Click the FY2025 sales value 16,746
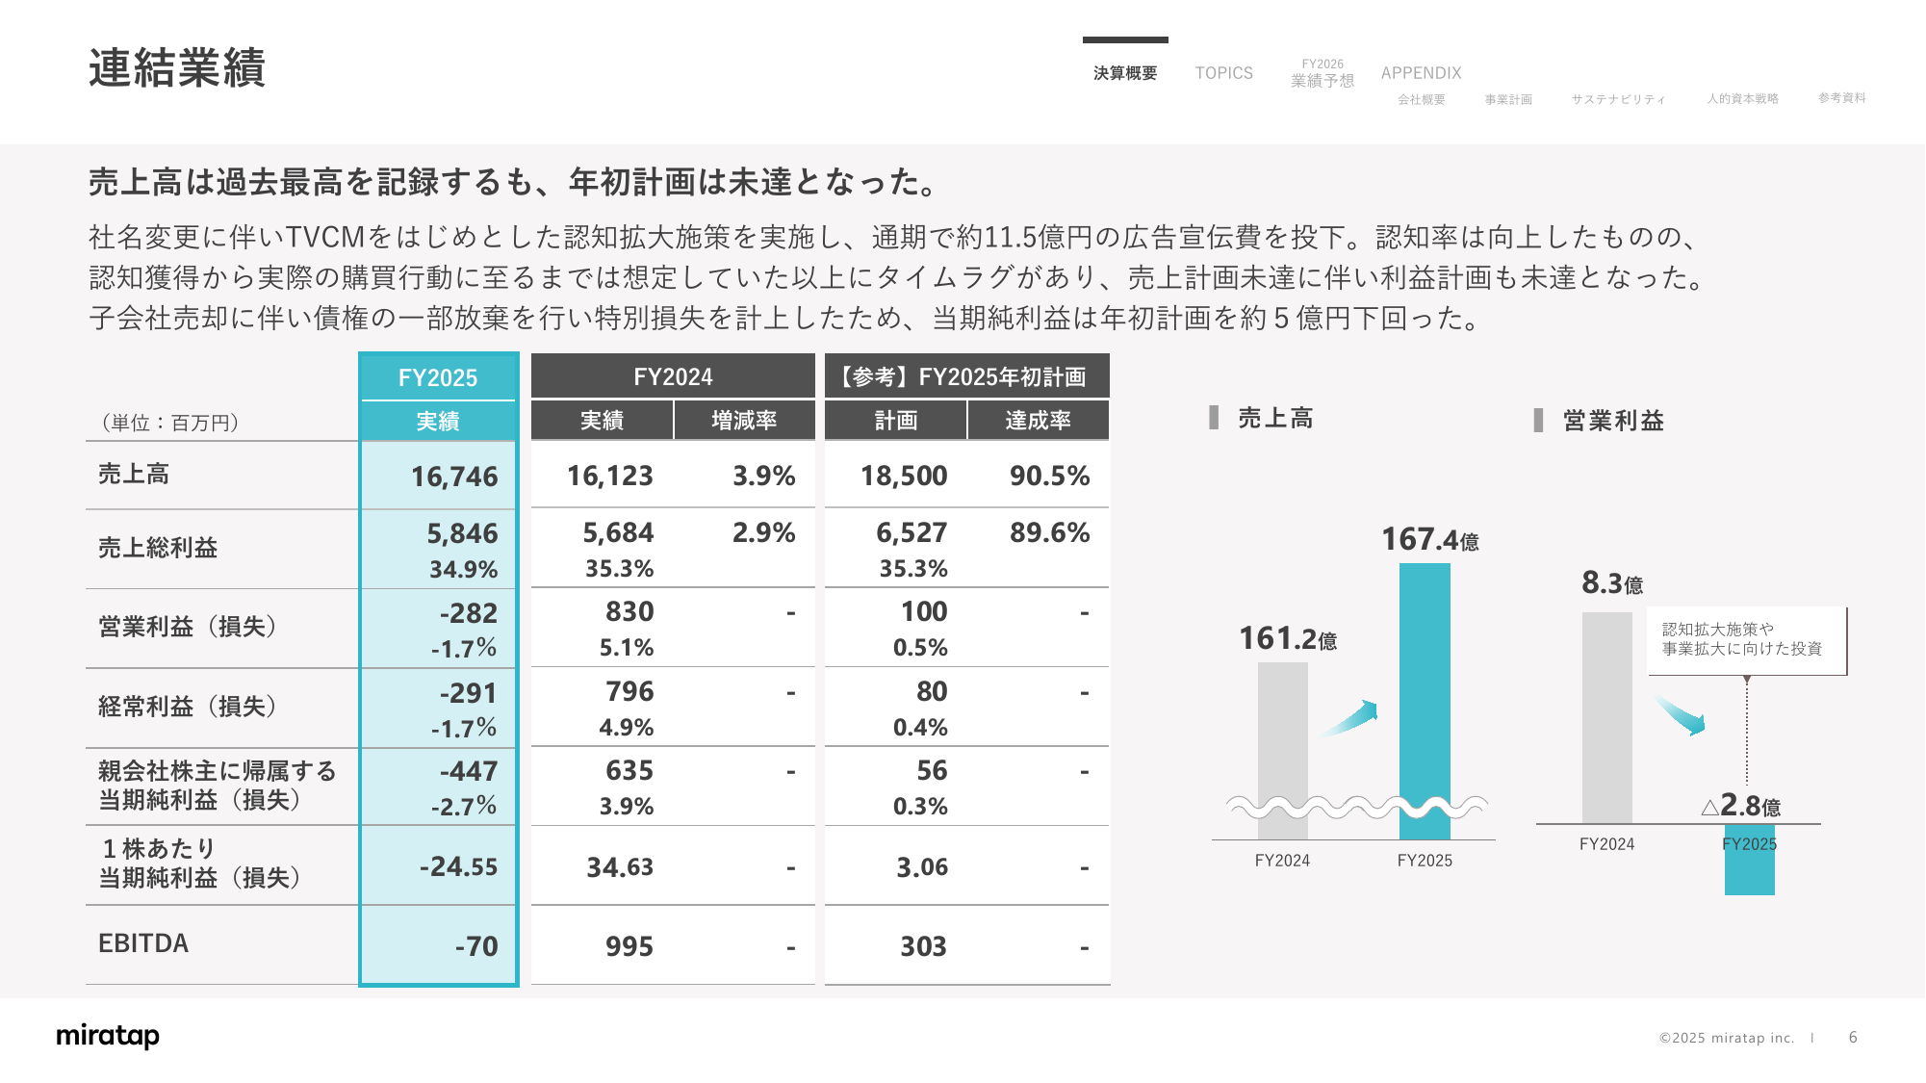point(454,477)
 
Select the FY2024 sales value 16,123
point(609,476)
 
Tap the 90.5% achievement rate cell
point(1049,476)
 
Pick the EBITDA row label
point(143,943)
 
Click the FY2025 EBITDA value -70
point(476,946)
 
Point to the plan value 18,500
point(903,476)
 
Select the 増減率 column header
point(744,421)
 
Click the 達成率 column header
point(1038,421)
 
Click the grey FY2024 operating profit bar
point(1606,717)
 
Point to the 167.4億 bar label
point(1429,540)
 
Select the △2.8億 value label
point(1741,806)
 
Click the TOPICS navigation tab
point(1223,73)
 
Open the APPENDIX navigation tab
point(1421,73)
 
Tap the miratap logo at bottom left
point(108,1036)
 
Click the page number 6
point(1853,1038)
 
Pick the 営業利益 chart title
point(1612,421)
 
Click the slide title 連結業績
point(177,68)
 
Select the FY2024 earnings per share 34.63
point(620,867)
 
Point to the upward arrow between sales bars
point(1349,718)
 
